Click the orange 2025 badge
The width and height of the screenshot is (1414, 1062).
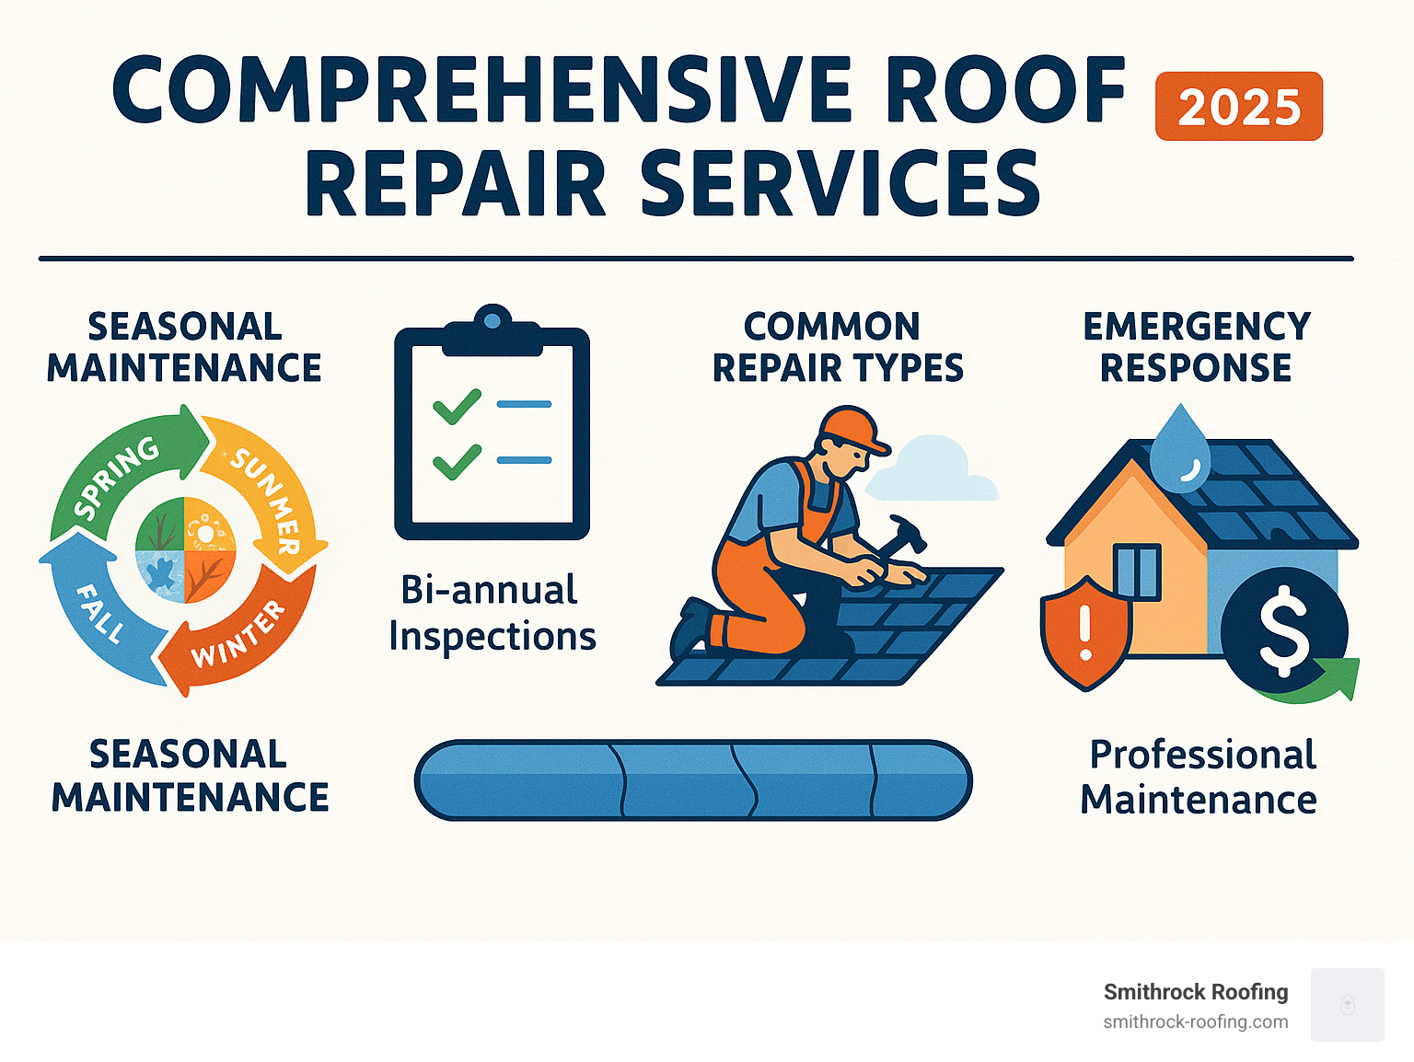point(1238,107)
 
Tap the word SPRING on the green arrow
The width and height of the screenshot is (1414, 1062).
point(117,478)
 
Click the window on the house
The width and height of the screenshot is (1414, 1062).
point(1137,571)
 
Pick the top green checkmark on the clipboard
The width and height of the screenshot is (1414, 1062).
point(457,406)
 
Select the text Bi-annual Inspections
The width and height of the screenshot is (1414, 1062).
point(492,613)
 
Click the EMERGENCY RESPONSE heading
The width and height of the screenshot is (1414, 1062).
point(1196,347)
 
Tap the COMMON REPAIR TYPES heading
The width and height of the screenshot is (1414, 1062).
point(837,347)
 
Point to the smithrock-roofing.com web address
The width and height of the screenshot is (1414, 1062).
point(1195,1022)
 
